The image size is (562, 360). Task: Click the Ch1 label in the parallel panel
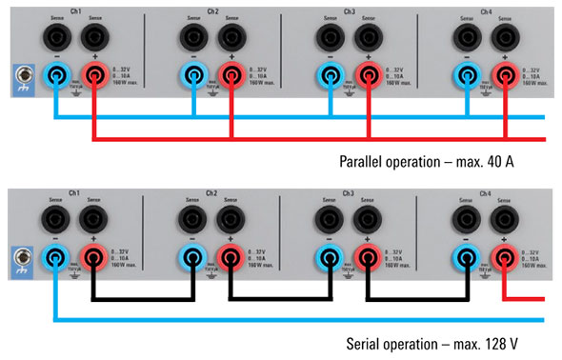pyautogui.click(x=76, y=11)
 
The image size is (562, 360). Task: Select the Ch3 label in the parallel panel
pyautogui.click(x=350, y=11)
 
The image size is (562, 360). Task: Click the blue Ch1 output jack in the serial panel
pyautogui.click(x=56, y=256)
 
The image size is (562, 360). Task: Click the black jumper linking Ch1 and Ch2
pyautogui.click(x=143, y=299)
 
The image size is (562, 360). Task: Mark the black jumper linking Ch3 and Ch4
pyautogui.click(x=414, y=299)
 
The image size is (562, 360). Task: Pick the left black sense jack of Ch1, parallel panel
pyautogui.click(x=56, y=36)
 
